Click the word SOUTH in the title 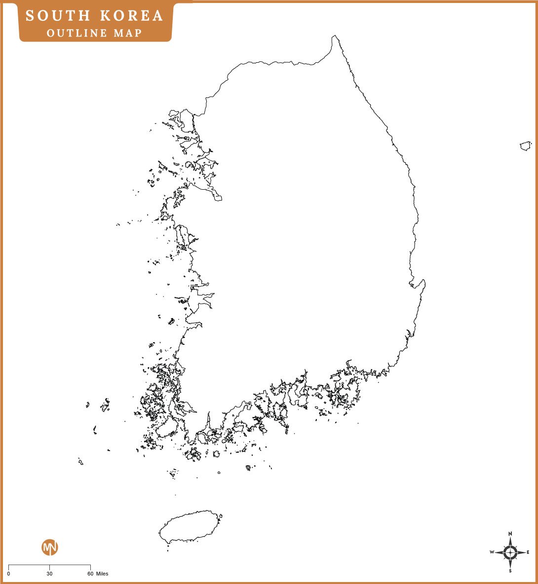[x=55, y=16]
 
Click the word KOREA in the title [x=131, y=16]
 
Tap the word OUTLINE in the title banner [x=77, y=33]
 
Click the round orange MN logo [x=50, y=547]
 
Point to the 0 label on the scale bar [x=8, y=574]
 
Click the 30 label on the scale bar [x=49, y=574]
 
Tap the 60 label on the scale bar [x=90, y=574]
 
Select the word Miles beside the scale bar [x=102, y=574]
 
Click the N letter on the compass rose [x=510, y=534]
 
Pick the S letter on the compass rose [x=510, y=571]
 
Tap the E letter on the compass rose [x=528, y=552]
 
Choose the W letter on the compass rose [x=492, y=552]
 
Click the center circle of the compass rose [x=510, y=552]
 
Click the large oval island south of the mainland [x=190, y=527]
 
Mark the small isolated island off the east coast [x=526, y=146]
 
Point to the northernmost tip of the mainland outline [x=335, y=36]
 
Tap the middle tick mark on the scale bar [x=49, y=566]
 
